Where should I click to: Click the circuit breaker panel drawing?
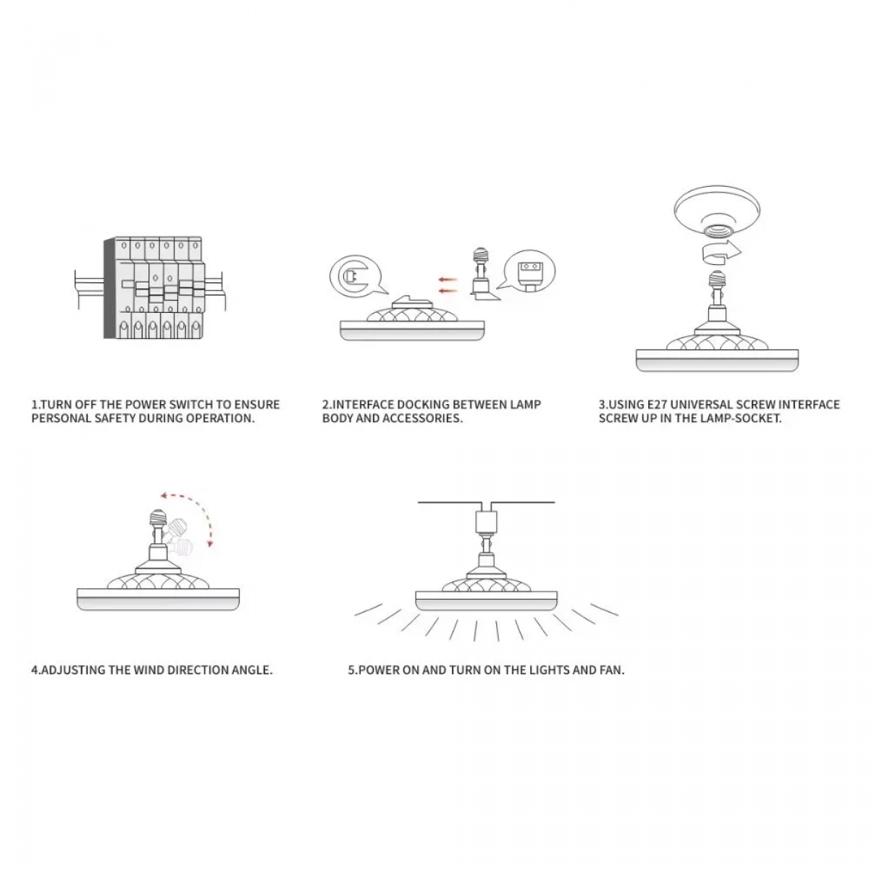(149, 287)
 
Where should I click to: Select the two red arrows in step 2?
(448, 285)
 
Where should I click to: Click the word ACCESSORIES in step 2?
(422, 418)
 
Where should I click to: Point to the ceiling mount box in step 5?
(486, 521)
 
